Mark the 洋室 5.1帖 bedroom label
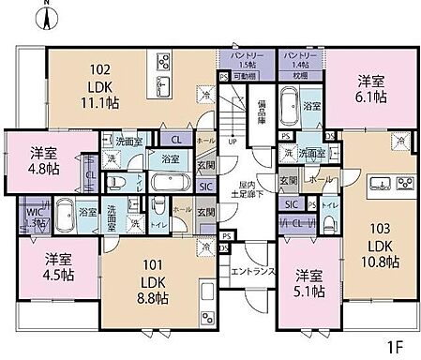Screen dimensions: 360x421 [308, 281]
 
